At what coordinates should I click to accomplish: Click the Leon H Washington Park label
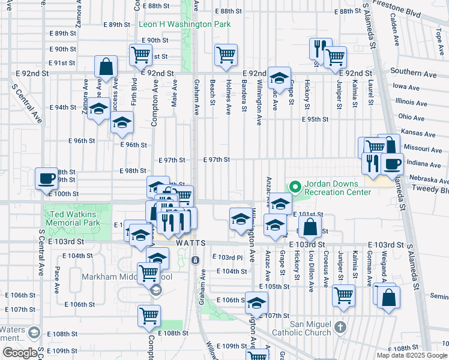[x=184, y=25]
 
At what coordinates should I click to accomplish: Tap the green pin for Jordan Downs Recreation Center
[x=295, y=187]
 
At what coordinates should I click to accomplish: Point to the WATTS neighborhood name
[x=191, y=243]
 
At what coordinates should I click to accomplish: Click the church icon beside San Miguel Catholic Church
[x=341, y=327]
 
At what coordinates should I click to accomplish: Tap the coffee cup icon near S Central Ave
[x=47, y=178]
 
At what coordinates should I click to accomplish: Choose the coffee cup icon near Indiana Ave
[x=392, y=163]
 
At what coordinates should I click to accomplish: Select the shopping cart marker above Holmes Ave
[x=226, y=55]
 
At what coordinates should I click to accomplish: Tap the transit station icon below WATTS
[x=195, y=260]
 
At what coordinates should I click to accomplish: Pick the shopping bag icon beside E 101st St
[x=310, y=227]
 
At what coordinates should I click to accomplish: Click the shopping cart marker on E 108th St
[x=149, y=315]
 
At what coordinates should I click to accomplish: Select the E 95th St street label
[x=315, y=119]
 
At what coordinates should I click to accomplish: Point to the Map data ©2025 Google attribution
[x=411, y=355]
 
